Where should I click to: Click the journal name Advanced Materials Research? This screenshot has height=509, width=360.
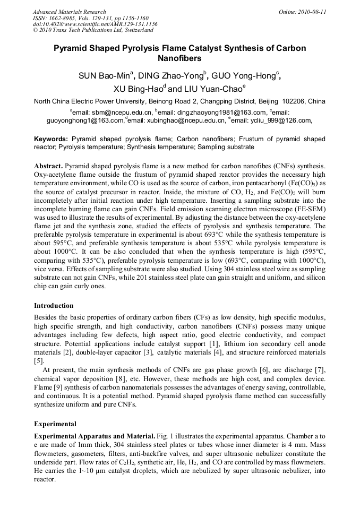69,12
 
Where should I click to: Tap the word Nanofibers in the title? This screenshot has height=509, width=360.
179,58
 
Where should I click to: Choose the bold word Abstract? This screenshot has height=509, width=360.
48,166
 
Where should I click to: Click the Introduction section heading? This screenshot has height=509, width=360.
53,306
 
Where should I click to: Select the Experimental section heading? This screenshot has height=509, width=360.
55,424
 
